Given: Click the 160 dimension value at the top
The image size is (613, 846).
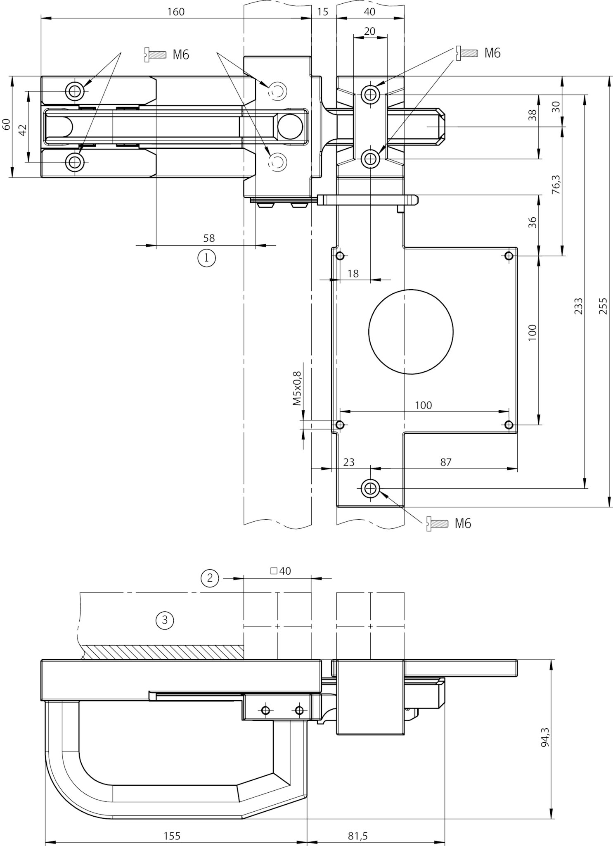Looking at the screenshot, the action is coord(176,12).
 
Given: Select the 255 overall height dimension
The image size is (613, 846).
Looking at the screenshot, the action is coord(603,306).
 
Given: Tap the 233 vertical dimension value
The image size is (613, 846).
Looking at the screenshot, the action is coord(578,306).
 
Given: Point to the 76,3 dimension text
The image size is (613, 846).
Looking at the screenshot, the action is coord(556,184).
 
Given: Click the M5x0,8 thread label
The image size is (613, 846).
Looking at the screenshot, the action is coord(297,388).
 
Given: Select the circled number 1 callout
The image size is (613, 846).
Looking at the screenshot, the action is coord(207,258).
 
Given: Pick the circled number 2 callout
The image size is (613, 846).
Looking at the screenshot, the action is coord(210,577).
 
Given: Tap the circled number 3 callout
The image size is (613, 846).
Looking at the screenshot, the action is coord(165,620).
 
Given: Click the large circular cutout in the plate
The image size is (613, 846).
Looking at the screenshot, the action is coord(411,331).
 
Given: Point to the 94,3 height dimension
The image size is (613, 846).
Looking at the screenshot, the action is coord(545,737).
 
